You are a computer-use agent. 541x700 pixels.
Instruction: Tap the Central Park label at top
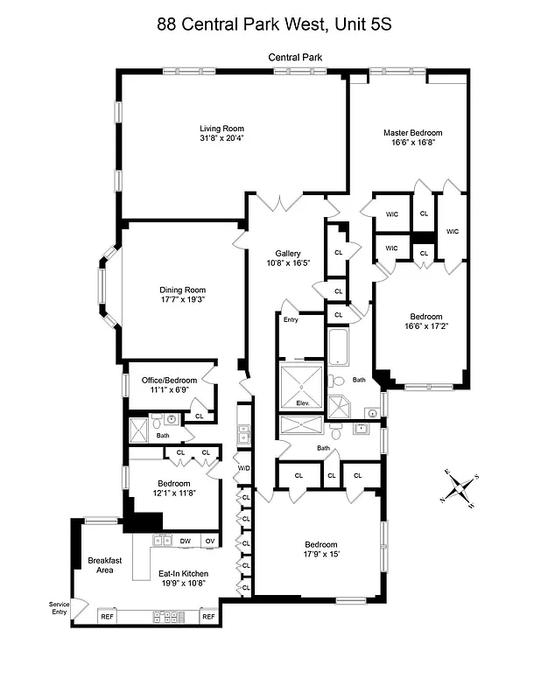coord(296,58)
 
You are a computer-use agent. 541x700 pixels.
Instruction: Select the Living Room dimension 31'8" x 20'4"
coord(221,137)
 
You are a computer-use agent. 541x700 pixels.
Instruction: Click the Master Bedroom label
coord(412,133)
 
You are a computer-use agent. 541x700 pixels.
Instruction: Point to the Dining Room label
coord(182,290)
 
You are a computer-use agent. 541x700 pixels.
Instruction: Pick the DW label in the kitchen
coord(185,542)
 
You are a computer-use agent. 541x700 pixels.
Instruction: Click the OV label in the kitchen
coord(210,542)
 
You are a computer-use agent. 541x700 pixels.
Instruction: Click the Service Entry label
coord(59,608)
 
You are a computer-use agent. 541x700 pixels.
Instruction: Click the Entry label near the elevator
coord(291,320)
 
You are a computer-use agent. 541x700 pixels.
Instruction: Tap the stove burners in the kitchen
coord(168,617)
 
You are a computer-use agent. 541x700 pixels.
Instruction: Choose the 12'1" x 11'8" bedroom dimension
coord(174,493)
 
